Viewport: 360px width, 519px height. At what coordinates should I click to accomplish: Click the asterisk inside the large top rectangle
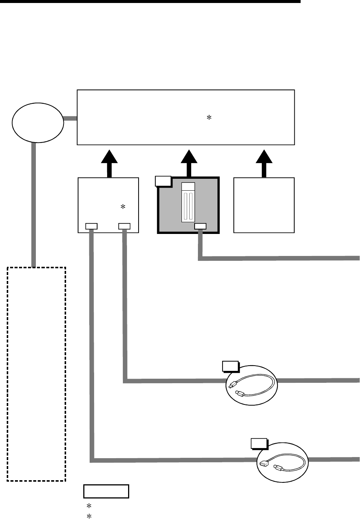point(209,118)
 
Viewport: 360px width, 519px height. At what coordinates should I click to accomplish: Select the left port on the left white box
point(91,226)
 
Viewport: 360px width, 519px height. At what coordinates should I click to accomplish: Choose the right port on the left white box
point(124,226)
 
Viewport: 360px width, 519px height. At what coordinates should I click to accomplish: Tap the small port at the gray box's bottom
point(200,226)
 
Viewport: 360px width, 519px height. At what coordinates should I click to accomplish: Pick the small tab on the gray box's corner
point(163,181)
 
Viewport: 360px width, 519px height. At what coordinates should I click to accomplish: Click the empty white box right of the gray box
point(264,205)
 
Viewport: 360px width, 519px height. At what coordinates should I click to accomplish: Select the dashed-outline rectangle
point(37,373)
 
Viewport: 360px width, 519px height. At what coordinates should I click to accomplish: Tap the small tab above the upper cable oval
point(230,366)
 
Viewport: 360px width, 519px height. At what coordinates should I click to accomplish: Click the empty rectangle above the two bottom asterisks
point(106,491)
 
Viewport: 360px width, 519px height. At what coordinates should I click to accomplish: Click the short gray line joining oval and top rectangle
point(70,119)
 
